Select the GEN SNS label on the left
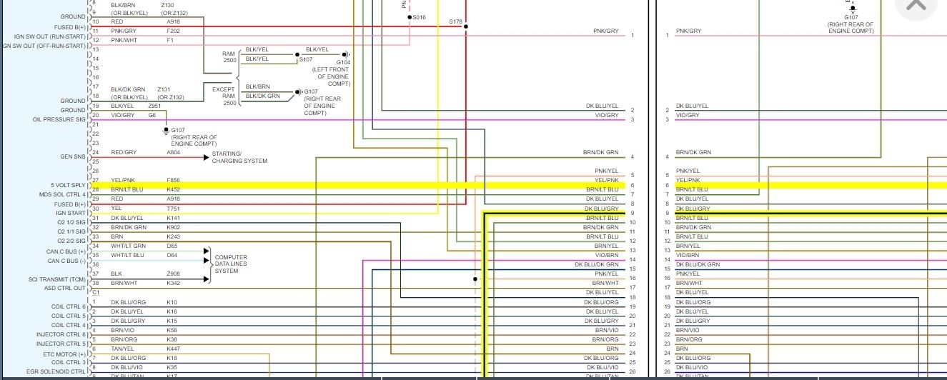[x=73, y=156]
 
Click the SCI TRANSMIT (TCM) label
[x=57, y=279]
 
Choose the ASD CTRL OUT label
[x=65, y=288]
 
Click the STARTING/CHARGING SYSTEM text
[x=239, y=157]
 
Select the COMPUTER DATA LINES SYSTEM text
[x=231, y=264]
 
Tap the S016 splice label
[x=419, y=17]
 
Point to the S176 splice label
[x=455, y=21]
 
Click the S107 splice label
[x=306, y=59]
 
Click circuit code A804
[x=174, y=152]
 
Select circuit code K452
[x=174, y=189]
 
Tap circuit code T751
[x=174, y=208]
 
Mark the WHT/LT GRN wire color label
[x=128, y=246]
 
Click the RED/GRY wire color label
[x=124, y=152]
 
